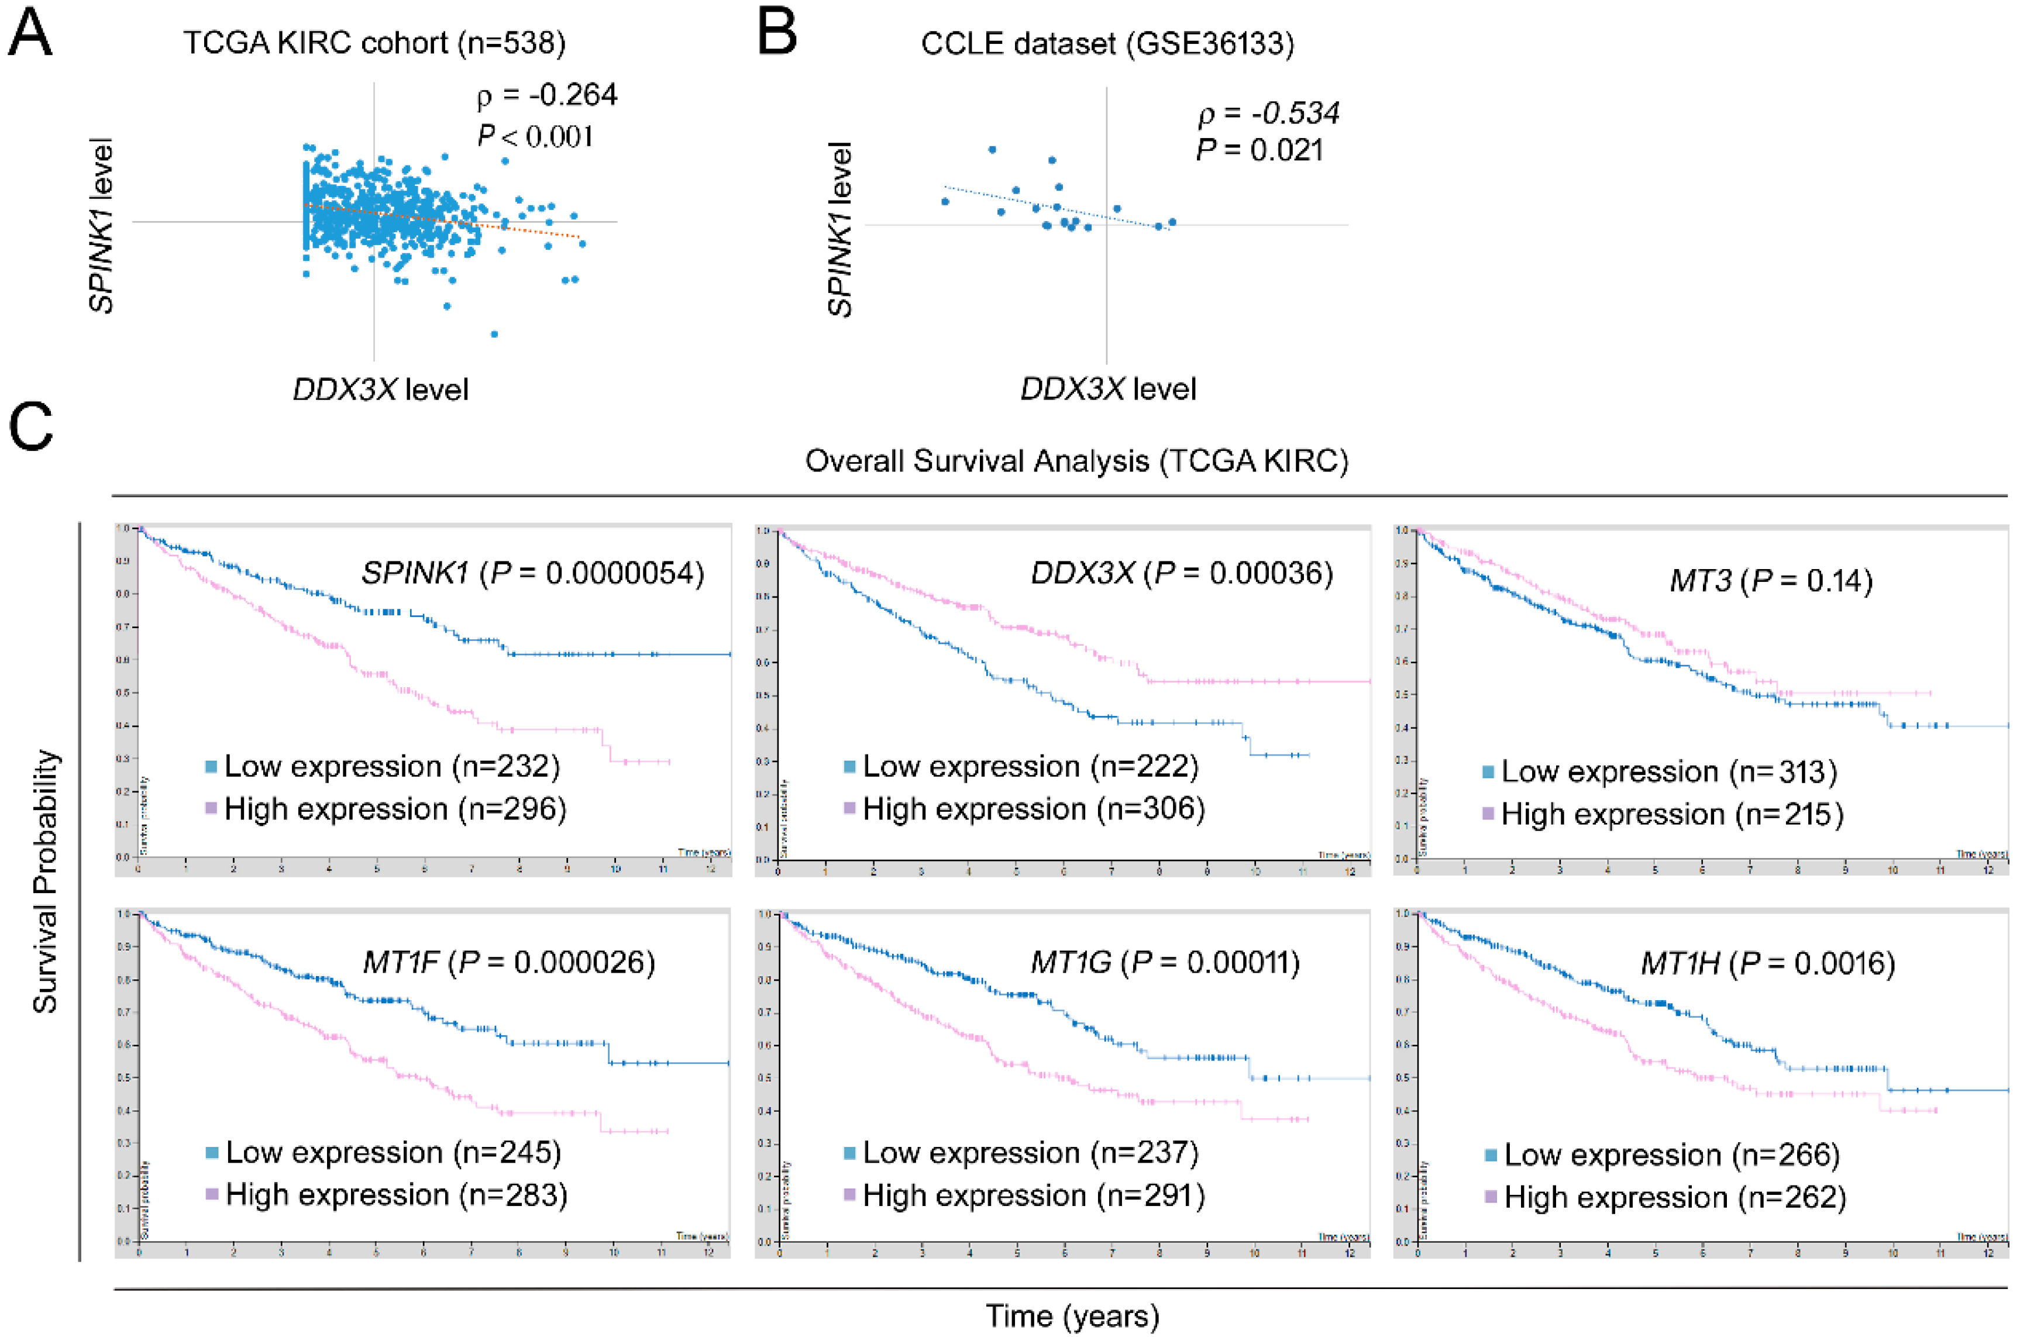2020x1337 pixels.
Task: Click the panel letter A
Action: pos(30,34)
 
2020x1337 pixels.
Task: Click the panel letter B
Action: pos(777,34)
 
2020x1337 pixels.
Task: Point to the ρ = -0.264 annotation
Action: pos(546,95)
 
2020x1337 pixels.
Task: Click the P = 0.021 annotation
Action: pos(1260,150)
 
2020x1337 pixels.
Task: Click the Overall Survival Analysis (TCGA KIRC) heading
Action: pos(1076,461)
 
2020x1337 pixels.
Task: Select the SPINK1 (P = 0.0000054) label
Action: pos(533,573)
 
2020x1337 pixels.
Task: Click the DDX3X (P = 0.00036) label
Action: pos(1182,573)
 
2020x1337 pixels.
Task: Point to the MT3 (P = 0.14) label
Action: pos(1770,581)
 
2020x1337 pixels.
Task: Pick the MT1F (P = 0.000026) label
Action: pos(509,962)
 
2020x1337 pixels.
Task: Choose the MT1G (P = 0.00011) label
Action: pos(1165,963)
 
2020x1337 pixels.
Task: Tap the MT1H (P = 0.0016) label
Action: pos(1768,963)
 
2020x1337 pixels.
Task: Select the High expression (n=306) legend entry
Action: pos(1033,808)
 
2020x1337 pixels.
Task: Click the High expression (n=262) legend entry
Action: pos(1674,1197)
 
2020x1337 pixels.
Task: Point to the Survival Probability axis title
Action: pos(44,881)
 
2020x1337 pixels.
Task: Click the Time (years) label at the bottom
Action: pos(1072,1316)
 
